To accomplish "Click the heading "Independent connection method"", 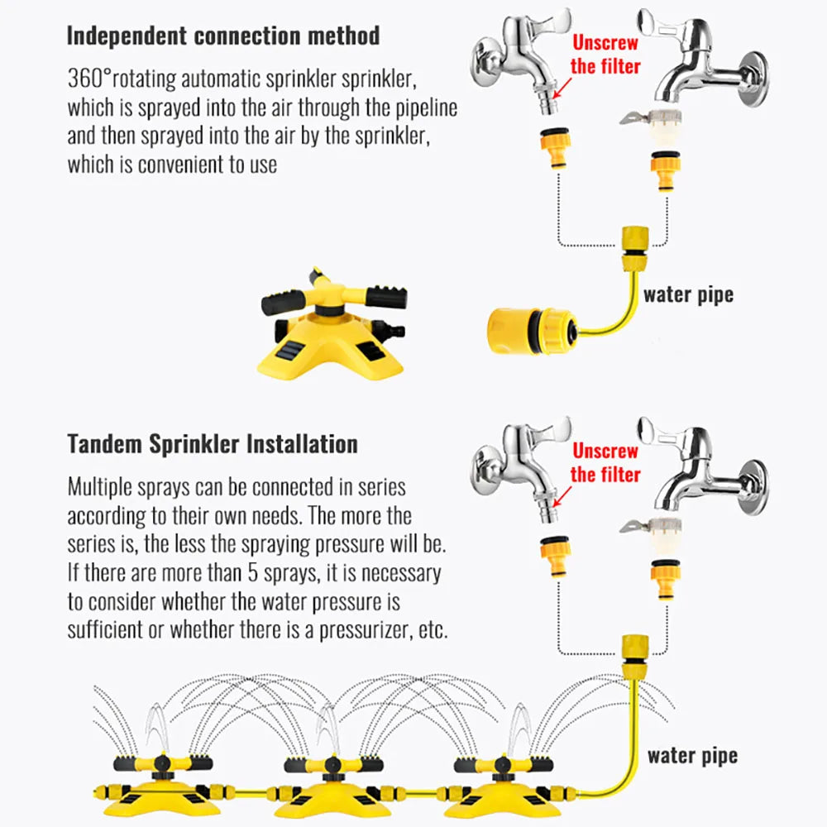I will (222, 36).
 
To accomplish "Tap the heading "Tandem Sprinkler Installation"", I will (213, 443).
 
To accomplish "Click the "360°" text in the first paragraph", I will (89, 80).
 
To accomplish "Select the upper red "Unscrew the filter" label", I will (605, 54).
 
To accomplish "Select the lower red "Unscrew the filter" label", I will (606, 462).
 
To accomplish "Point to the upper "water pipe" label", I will (688, 294).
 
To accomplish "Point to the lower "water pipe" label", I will (692, 754).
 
